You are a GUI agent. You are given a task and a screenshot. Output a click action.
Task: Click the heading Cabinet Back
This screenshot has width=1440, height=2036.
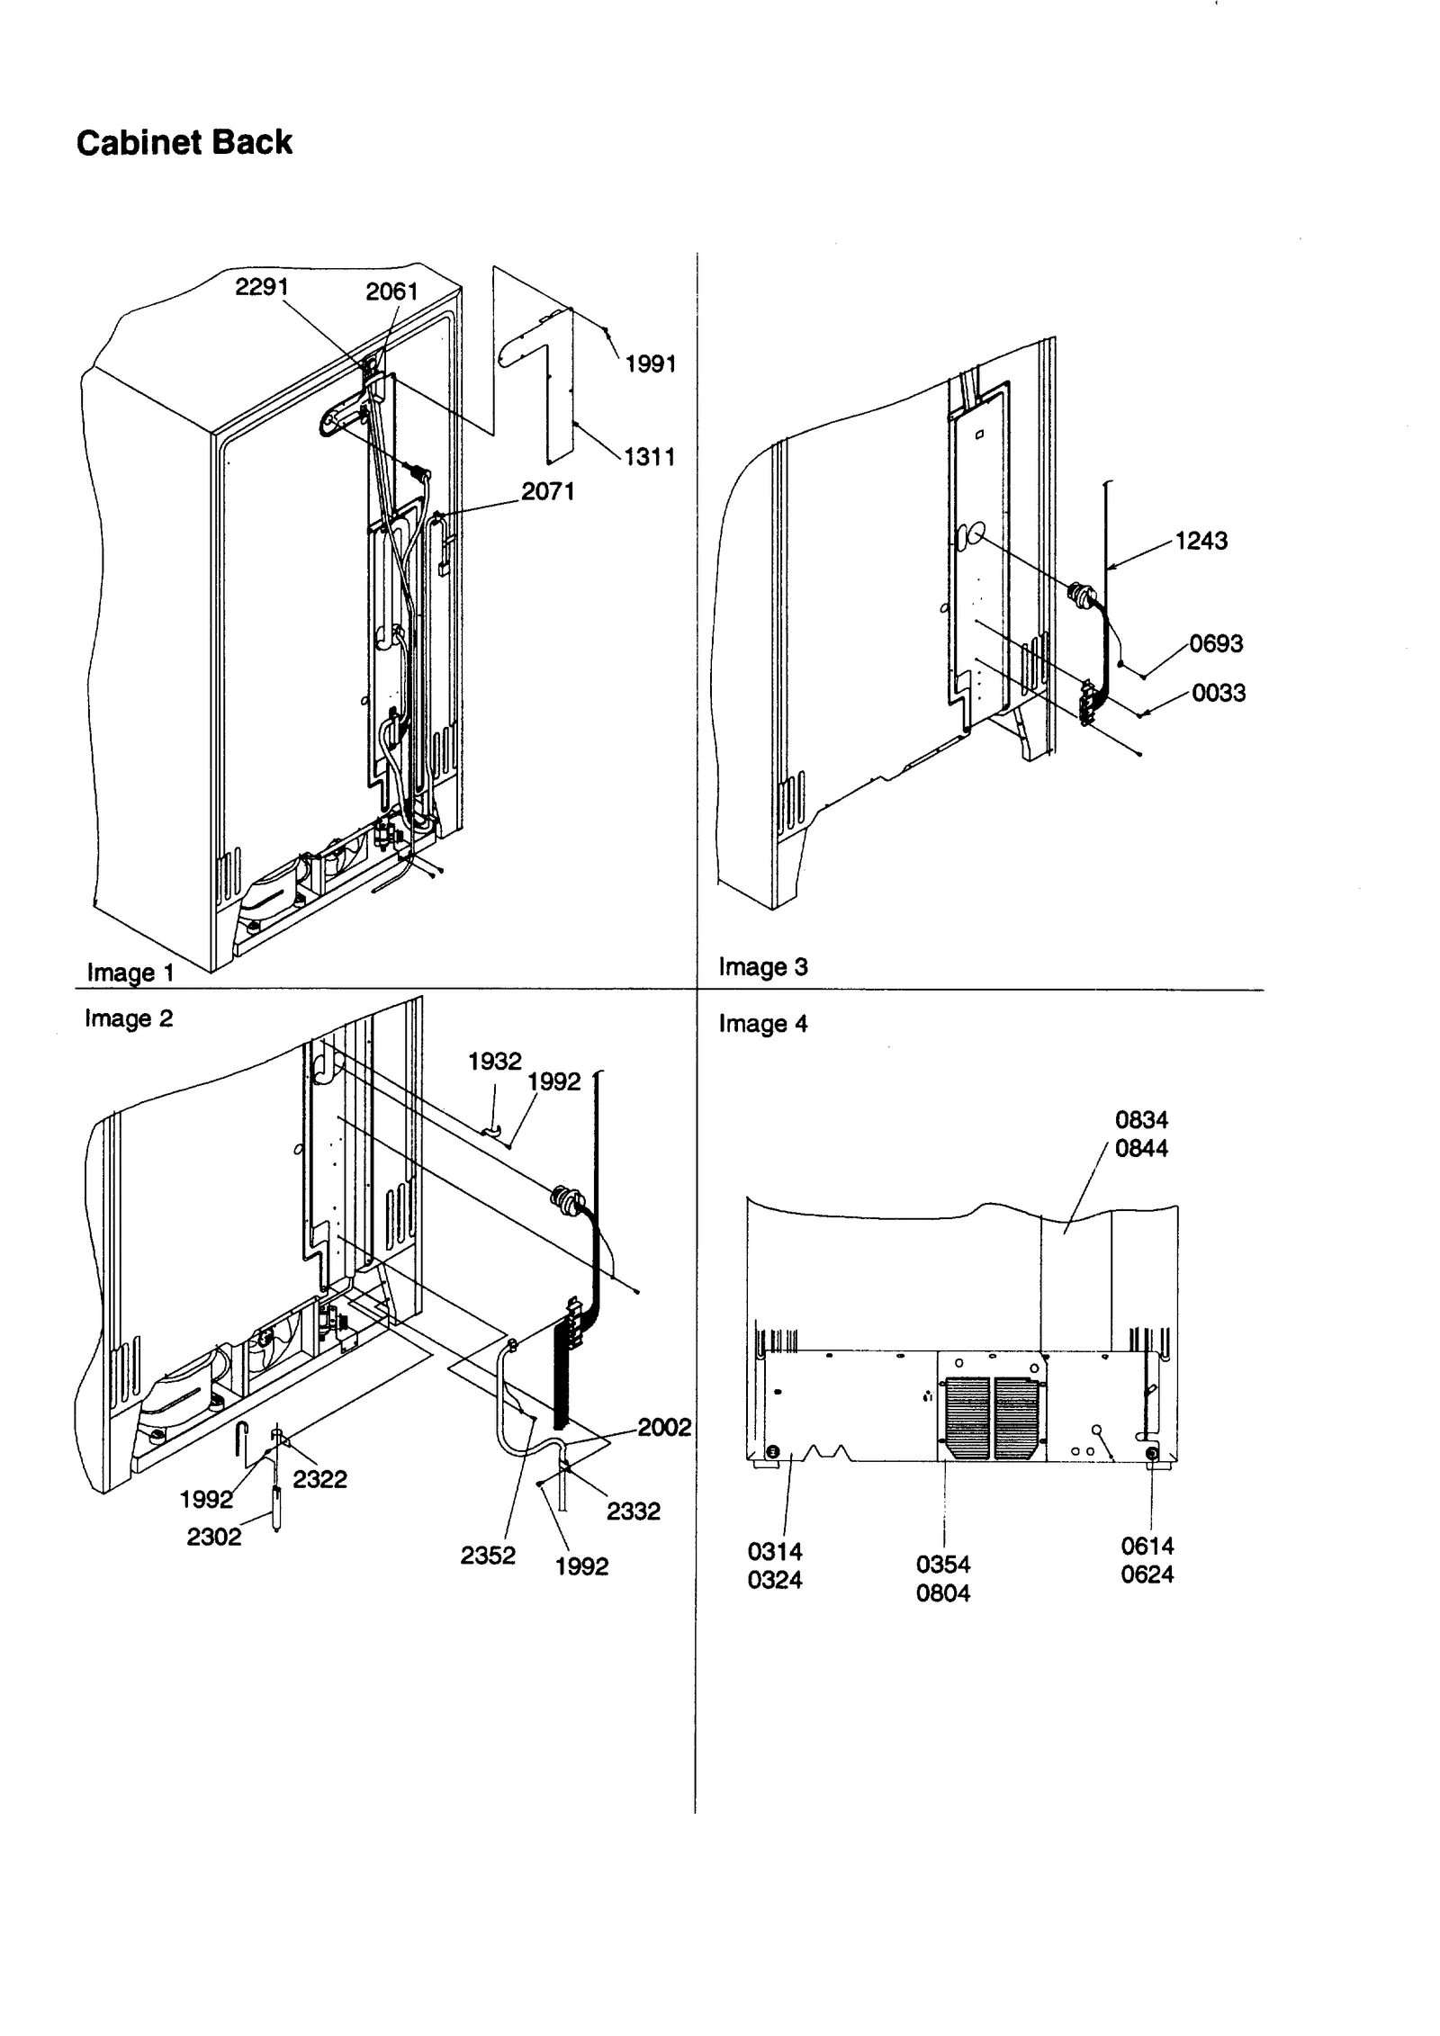coord(184,142)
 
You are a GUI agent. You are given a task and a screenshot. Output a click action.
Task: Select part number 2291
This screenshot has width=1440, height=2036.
coord(261,286)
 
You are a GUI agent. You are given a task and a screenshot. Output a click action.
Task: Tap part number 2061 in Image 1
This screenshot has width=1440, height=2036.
coord(391,291)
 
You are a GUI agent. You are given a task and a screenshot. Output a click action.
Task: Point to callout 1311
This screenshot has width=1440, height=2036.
coord(649,456)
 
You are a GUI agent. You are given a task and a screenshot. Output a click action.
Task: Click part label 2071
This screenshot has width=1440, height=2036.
coord(547,490)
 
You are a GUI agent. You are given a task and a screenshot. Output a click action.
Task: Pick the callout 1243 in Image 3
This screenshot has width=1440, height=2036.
coord(1201,540)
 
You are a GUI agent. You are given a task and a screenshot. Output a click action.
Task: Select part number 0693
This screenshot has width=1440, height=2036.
coord(1215,643)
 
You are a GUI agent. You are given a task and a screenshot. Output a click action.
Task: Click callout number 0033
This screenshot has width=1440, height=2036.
coord(1219,692)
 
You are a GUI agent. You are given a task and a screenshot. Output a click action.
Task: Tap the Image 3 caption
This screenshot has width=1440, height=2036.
coord(762,966)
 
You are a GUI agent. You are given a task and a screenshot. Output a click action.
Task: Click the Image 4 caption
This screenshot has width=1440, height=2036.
coord(762,1023)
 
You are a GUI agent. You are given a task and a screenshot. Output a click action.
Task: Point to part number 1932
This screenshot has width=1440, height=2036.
coord(494,1061)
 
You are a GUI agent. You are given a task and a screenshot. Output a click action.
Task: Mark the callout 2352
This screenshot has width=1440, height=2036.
coord(488,1555)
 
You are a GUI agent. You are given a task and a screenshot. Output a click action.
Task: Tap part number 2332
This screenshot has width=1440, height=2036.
coord(633,1511)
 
